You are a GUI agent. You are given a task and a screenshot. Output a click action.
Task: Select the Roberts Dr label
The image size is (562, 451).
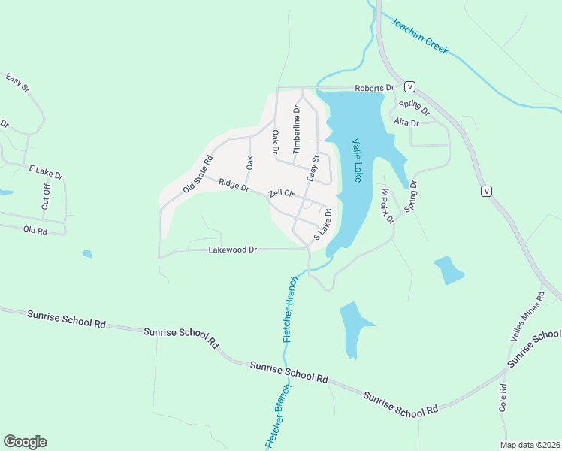pyautogui.click(x=375, y=88)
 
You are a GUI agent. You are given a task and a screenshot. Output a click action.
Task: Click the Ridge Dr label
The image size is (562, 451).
pyautogui.click(x=234, y=185)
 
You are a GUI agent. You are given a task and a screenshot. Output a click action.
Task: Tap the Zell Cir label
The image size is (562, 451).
pyautogui.click(x=284, y=195)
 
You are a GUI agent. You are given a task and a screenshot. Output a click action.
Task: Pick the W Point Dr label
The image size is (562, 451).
pyautogui.click(x=386, y=204)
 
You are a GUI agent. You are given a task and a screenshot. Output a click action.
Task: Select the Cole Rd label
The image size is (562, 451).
pyautogui.click(x=503, y=398)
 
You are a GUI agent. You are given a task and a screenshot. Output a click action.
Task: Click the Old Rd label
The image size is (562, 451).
pyautogui.click(x=35, y=231)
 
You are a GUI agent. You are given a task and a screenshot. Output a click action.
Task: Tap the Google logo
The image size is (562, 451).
pyautogui.click(x=25, y=441)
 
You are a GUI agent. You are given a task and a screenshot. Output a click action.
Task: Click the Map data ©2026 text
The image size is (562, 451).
pyautogui.click(x=530, y=444)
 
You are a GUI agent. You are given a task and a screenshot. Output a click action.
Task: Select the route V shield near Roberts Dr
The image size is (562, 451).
pyautogui.click(x=411, y=86)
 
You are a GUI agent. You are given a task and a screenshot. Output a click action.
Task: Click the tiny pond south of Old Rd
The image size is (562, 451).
pyautogui.click(x=87, y=254)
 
